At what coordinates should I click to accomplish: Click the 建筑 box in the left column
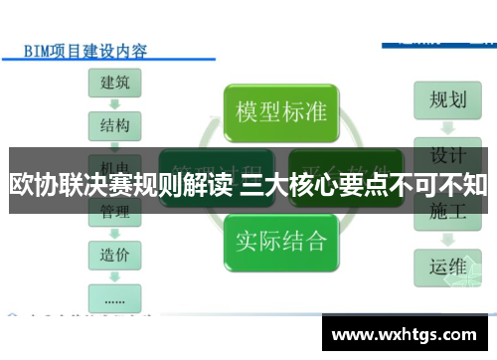[114, 83]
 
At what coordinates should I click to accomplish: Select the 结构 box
[114, 125]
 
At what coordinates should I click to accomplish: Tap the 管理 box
[114, 211]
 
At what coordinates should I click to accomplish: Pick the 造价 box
[114, 255]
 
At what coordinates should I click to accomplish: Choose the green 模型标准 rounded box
[279, 111]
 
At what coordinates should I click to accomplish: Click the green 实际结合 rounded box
[279, 240]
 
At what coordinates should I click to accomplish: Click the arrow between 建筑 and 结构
[114, 104]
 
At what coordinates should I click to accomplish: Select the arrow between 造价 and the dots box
[114, 275]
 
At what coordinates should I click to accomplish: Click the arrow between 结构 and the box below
[114, 146]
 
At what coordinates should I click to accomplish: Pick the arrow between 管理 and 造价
[114, 233]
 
